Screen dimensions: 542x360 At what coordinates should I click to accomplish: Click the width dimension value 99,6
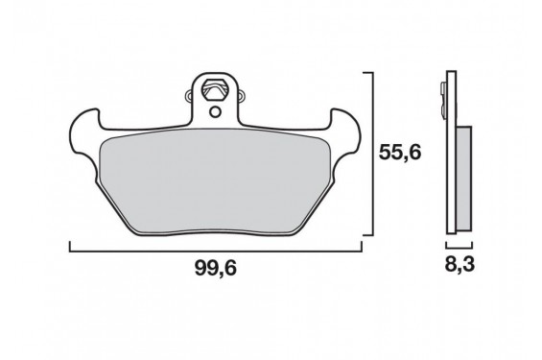(x=215, y=268)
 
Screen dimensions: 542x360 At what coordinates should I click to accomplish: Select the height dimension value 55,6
(x=400, y=153)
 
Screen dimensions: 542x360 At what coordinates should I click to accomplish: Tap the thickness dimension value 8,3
(x=460, y=265)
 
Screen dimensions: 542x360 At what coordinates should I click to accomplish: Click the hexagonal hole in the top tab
(x=215, y=89)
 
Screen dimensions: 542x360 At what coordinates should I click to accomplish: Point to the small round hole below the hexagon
(x=215, y=111)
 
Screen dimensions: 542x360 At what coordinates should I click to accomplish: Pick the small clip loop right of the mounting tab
(x=242, y=96)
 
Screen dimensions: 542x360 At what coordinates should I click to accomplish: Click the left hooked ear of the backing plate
(x=84, y=133)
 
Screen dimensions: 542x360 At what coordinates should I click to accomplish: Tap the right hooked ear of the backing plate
(x=345, y=133)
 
